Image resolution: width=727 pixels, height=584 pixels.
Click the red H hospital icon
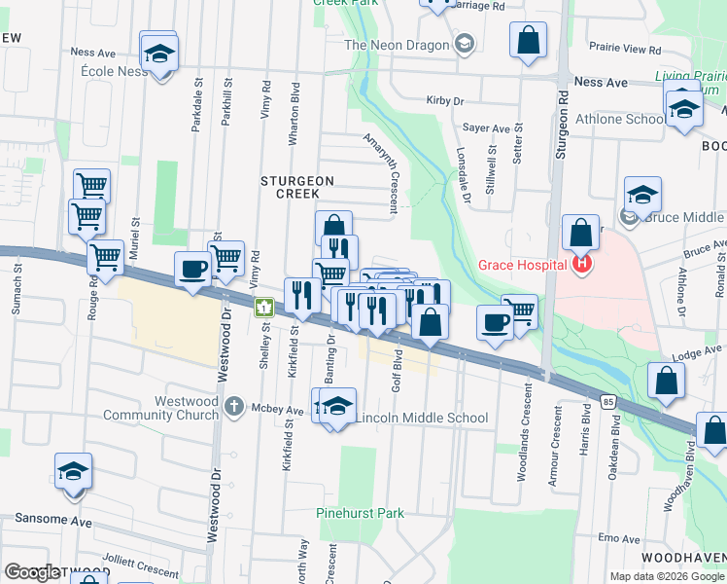coord(582,264)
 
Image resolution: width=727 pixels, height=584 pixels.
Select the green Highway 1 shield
coord(262,309)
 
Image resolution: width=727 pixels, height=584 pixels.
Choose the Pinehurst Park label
coord(359,512)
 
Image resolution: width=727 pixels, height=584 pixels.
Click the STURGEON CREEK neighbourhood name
coord(297,187)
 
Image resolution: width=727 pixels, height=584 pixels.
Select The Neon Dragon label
coord(397,45)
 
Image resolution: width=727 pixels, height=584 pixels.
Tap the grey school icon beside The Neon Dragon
coord(465,43)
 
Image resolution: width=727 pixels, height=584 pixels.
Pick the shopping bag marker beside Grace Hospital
coord(580,234)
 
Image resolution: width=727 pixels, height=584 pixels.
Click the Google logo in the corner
coord(32,572)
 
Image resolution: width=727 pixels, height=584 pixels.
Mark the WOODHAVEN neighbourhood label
coord(682,557)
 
